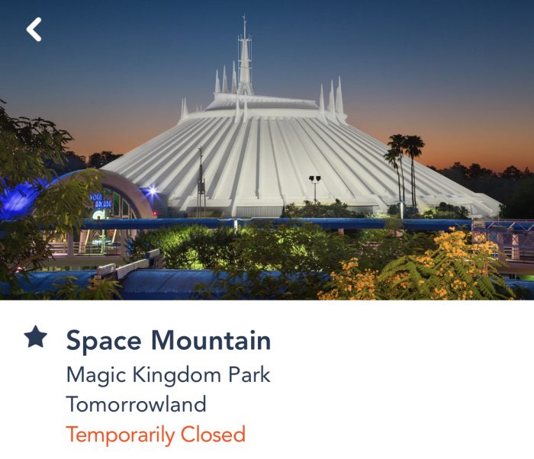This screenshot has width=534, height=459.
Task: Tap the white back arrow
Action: (x=34, y=30)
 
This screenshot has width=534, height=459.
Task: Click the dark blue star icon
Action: (x=36, y=336)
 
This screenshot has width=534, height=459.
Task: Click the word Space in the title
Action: (x=104, y=341)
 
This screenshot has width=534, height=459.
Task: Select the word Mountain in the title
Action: (x=211, y=340)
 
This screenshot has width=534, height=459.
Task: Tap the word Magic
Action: (x=95, y=375)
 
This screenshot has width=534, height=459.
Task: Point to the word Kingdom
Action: (x=177, y=375)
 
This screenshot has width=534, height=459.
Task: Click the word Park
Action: (x=249, y=374)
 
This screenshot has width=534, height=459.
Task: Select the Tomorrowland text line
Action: (x=137, y=404)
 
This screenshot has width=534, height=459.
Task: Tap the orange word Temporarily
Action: (x=121, y=435)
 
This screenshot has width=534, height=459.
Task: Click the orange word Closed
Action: (x=213, y=434)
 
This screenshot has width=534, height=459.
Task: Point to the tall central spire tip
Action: (x=244, y=15)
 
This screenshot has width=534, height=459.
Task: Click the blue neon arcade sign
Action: (x=101, y=201)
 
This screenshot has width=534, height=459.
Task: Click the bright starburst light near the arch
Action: (x=152, y=191)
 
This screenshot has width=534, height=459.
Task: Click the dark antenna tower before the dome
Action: (x=201, y=182)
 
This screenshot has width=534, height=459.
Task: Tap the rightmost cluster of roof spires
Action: (x=331, y=97)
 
